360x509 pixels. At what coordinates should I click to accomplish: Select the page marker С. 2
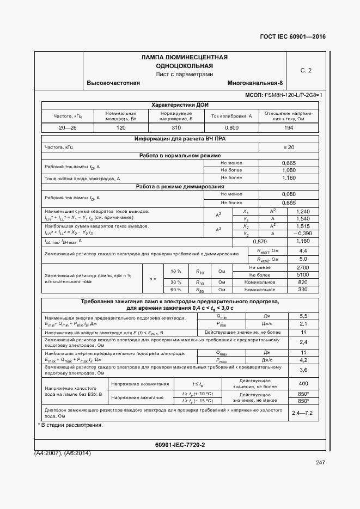click(306, 70)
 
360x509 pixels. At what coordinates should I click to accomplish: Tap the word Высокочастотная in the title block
click(113, 83)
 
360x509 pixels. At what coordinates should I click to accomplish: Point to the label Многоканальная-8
click(255, 83)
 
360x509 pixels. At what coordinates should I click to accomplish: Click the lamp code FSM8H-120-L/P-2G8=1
click(293, 95)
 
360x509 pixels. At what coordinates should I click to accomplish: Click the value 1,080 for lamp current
click(289, 170)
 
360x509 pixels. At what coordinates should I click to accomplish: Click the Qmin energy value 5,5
click(303, 316)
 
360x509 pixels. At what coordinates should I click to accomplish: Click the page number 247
click(320, 463)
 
